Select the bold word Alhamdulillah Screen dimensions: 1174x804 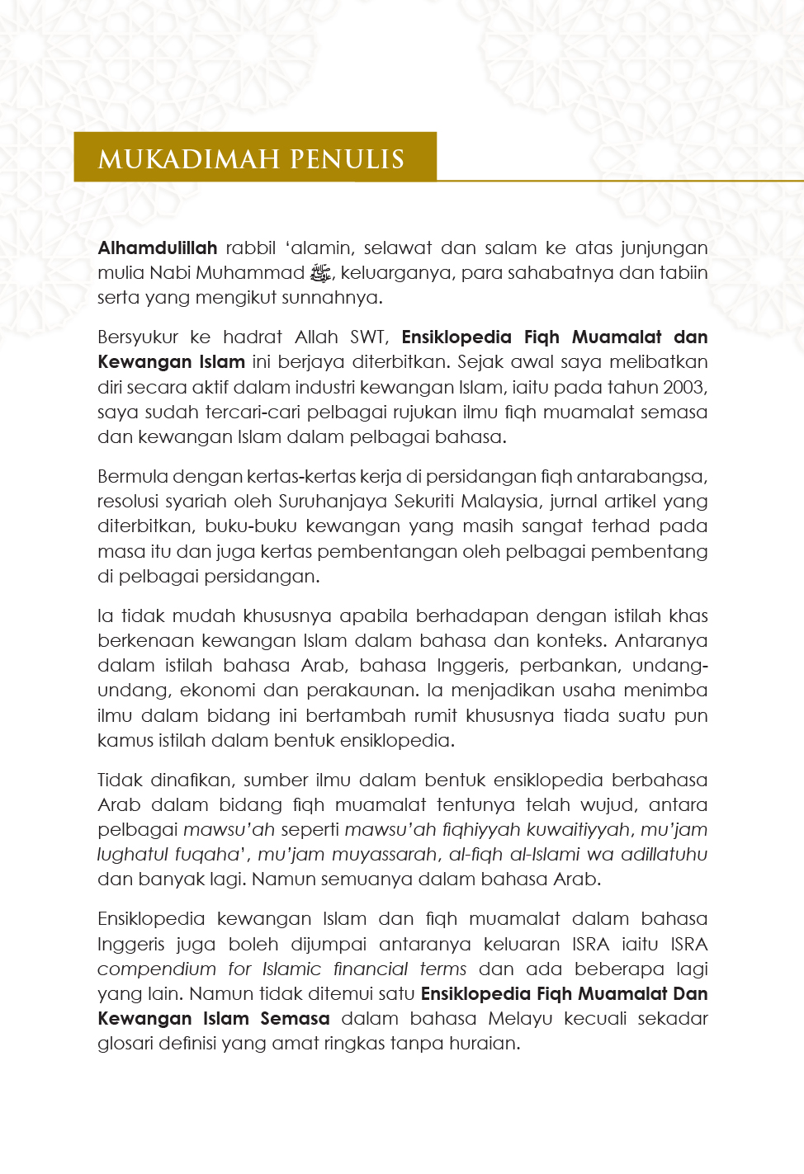[157, 248]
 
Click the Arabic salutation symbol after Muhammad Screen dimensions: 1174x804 [319, 273]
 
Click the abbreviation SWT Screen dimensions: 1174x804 [368, 337]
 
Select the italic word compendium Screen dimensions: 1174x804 [156, 969]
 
